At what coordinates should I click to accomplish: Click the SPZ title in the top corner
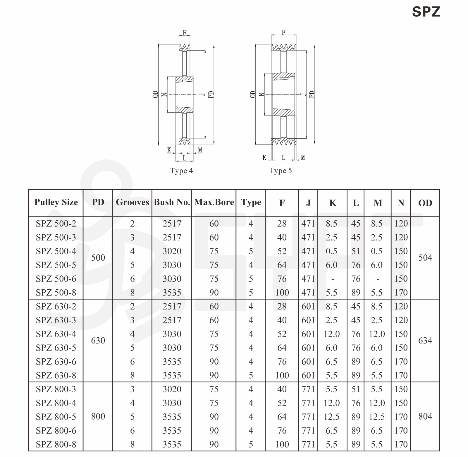coord(426,12)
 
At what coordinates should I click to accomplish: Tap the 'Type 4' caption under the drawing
coord(182,171)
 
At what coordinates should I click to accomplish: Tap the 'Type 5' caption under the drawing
coord(281,171)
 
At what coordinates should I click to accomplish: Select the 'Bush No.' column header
coord(172,202)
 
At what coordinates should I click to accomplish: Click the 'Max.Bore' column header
coord(214,202)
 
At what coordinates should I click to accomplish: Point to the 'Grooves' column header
coord(133,202)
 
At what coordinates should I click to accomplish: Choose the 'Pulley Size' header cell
coord(56,202)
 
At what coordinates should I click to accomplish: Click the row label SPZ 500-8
coord(56,293)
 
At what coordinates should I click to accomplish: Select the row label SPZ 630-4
coord(56,334)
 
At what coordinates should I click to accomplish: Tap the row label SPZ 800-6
coord(56,431)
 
